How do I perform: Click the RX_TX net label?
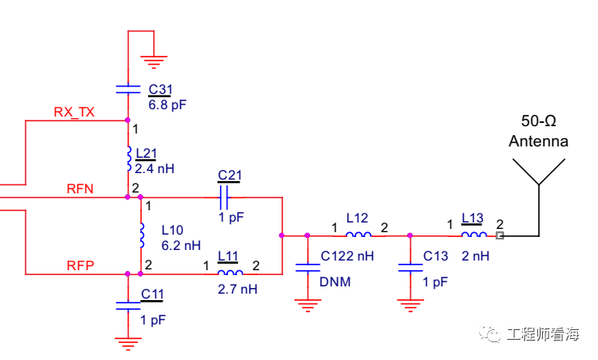point(74,112)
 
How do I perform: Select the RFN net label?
point(80,188)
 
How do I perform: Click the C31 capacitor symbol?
point(128,88)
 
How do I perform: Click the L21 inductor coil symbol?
point(129,159)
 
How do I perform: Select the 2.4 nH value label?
point(155,168)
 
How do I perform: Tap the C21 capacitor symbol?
point(225,197)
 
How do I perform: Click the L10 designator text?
point(172,229)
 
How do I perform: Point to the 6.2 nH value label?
point(180,244)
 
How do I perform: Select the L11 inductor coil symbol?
point(230,273)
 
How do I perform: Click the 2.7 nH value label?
point(237,289)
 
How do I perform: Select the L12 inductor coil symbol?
point(358,235)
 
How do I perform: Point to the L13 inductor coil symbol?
point(474,235)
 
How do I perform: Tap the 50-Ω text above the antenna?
point(538,121)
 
